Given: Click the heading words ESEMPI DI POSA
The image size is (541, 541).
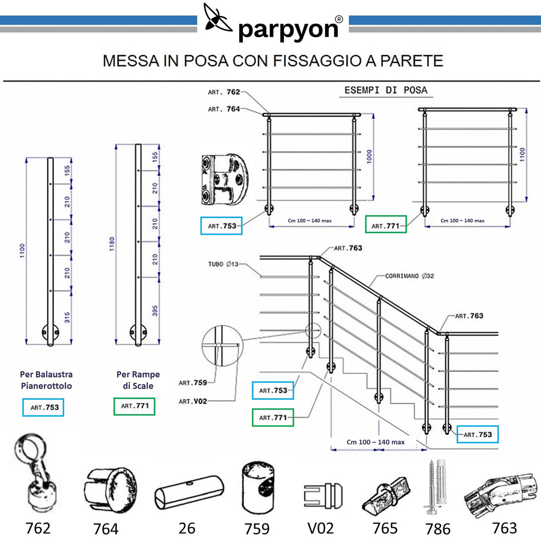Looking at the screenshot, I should coord(386,90).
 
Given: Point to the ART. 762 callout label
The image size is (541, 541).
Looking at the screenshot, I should coord(224,92).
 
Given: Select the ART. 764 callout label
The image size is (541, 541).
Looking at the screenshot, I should coord(224,109).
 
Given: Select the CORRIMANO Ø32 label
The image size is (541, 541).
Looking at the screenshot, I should coord(409,276).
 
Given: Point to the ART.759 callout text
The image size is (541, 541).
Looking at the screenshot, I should coord(193,383).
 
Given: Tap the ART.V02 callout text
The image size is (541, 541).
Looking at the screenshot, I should coord(193,401).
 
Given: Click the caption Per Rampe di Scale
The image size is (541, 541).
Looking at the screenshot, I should coord(138,380).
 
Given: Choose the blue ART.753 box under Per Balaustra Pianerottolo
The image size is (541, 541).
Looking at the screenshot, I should coord(44,407).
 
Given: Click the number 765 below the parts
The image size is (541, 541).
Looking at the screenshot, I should coord(385,528).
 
